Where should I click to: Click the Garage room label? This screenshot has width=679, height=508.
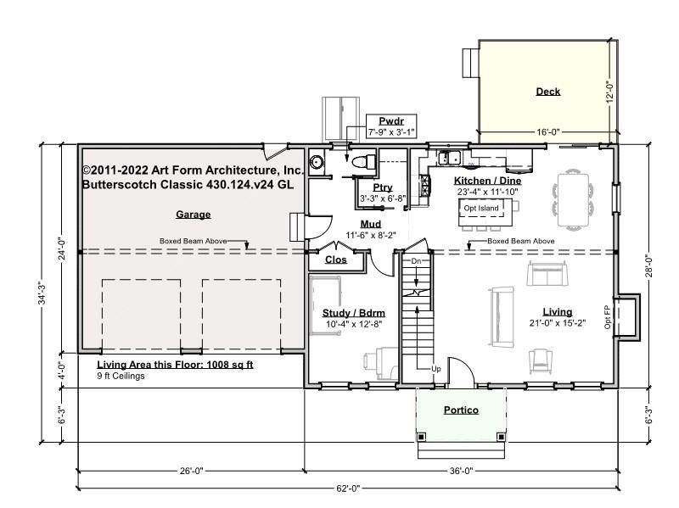pos(194,215)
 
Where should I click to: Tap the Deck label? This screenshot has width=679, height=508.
pos(547,92)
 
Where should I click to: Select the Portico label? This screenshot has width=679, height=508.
pos(461,410)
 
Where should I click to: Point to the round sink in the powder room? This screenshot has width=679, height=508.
pos(317,162)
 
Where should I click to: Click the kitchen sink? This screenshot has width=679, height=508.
pos(449,158)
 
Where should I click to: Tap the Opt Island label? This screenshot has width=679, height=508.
pos(481,208)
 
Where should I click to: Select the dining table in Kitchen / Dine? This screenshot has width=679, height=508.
pos(573,199)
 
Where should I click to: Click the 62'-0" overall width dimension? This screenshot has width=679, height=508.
pos(348,488)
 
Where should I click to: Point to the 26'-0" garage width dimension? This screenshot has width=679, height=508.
pos(191,471)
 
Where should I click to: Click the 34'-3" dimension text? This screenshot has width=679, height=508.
pos(42,293)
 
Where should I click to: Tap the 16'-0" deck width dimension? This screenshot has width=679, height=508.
pos(548,132)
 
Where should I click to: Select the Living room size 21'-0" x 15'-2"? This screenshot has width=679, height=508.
pos(558,323)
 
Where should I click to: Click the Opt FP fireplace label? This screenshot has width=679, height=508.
pos(607,317)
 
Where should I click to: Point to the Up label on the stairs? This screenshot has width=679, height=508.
pos(436,369)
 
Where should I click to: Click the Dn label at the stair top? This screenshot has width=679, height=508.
pos(416,261)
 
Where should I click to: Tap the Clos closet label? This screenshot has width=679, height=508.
pos(335,260)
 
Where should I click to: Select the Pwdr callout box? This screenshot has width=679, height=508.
pos(391,126)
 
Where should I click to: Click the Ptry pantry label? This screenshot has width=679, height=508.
pos(383,187)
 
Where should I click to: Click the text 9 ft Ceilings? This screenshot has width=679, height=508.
pos(121,376)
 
